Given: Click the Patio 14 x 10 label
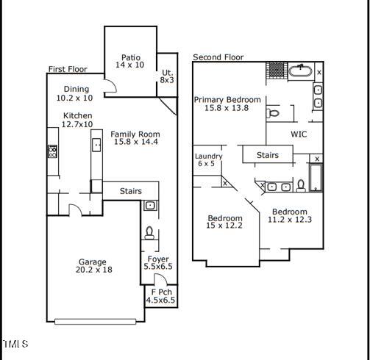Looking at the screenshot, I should [131, 62].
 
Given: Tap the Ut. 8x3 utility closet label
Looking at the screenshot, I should [167, 76].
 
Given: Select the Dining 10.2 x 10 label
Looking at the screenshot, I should [74, 93].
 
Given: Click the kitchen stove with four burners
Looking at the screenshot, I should [53, 152].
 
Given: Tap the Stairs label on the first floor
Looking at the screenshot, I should [130, 191].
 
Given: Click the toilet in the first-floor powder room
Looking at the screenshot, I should [149, 234].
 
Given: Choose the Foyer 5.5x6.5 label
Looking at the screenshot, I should [158, 263].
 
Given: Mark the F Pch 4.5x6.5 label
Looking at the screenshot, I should [160, 295].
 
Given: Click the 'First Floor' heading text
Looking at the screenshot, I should [68, 70].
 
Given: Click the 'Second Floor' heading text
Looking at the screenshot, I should [218, 57].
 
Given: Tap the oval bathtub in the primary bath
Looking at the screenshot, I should [299, 71].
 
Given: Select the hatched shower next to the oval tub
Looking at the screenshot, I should [275, 70].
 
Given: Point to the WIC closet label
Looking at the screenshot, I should [299, 134].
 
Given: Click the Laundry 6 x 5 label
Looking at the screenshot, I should [209, 160].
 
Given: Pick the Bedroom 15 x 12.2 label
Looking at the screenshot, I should [224, 222].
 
